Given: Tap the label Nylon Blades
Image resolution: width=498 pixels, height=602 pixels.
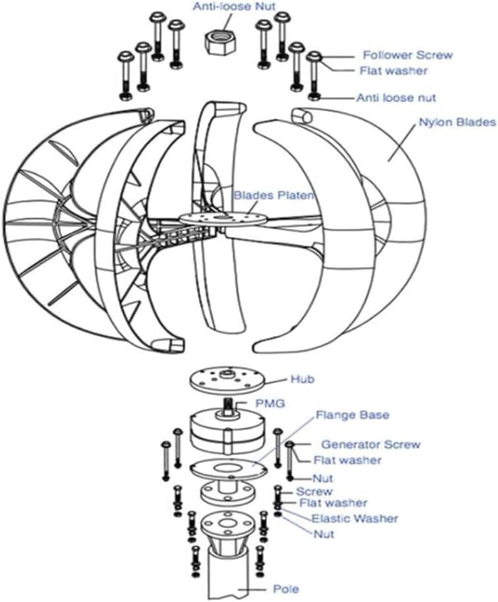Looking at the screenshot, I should tap(456, 123).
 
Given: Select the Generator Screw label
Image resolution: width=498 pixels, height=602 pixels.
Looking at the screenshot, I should tap(370, 444).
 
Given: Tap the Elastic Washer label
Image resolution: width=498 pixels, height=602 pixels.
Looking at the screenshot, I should tap(355, 518).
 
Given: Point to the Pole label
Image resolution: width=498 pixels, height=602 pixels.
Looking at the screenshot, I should tap(286, 589).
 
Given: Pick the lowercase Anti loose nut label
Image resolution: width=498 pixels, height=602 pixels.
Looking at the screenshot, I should tap(396, 98).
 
